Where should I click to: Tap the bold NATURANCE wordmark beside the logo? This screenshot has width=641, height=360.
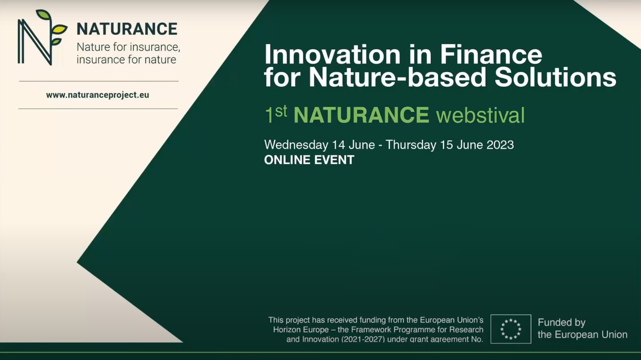tap(127, 29)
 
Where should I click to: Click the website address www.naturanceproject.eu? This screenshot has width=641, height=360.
tap(97, 95)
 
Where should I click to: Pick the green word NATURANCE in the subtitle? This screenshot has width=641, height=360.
tap(361, 115)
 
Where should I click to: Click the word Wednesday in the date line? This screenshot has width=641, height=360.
tap(296, 145)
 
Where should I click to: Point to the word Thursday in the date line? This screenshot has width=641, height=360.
tap(411, 145)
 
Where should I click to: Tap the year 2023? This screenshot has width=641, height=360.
tap(500, 145)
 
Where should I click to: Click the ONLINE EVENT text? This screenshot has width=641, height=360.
tap(309, 160)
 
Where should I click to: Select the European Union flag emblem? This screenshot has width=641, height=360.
tap(511, 329)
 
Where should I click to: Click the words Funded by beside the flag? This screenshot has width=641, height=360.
tap(562, 322)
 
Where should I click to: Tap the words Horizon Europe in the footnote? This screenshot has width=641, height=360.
tap(301, 330)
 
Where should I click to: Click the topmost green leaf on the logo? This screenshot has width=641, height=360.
tap(44, 15)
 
